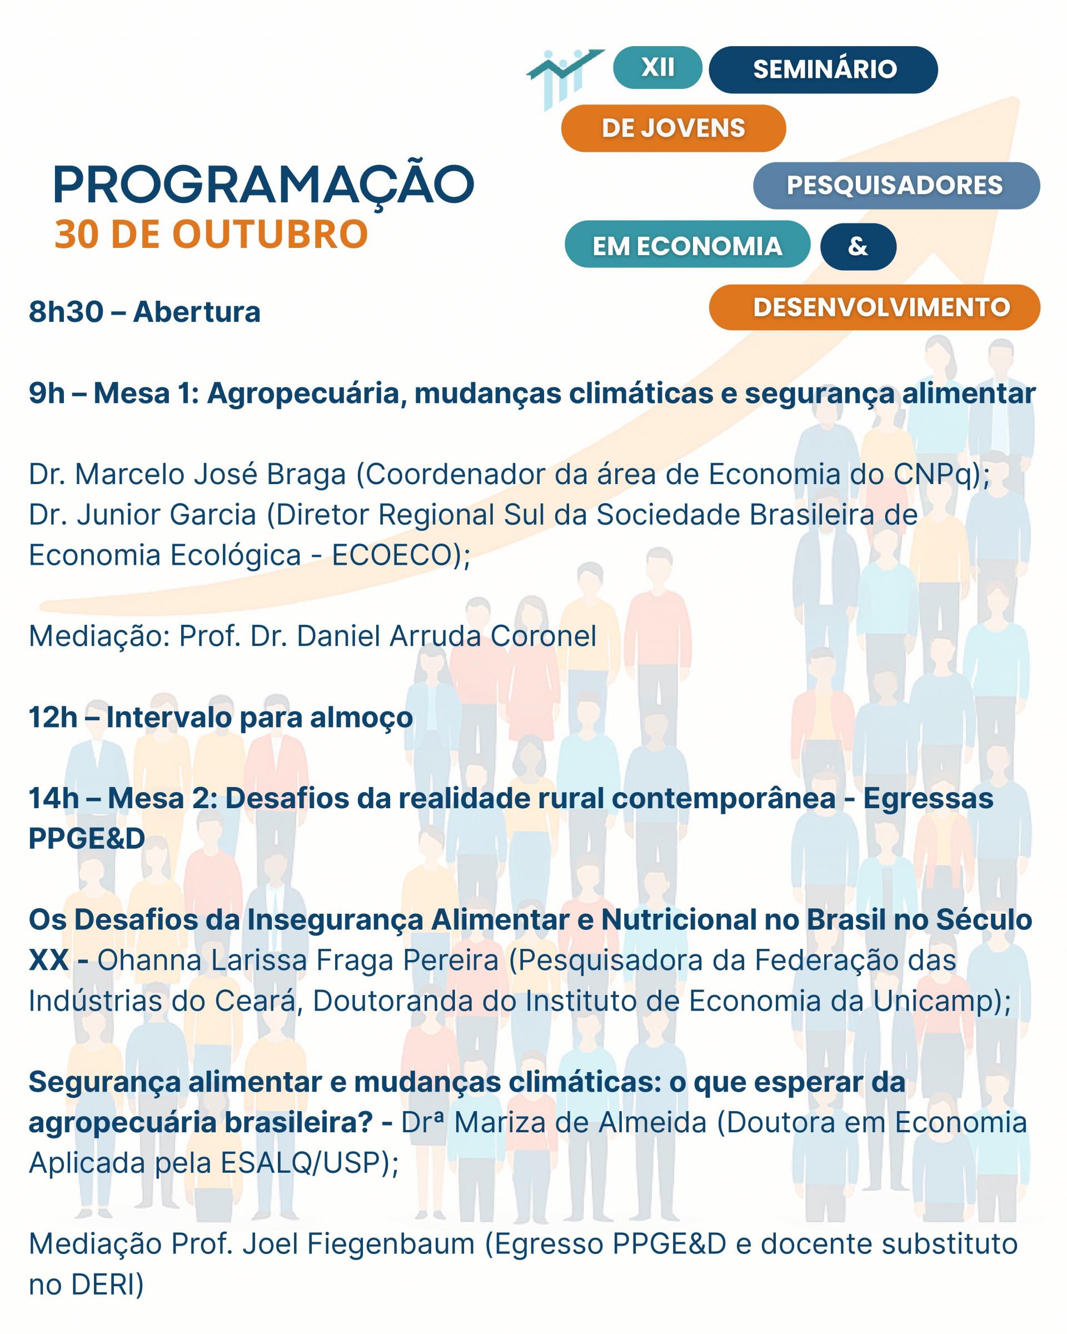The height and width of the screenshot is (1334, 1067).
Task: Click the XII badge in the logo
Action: tap(657, 67)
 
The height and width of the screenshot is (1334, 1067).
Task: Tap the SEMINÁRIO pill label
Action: tap(823, 69)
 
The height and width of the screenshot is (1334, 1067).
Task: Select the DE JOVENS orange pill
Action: tap(674, 128)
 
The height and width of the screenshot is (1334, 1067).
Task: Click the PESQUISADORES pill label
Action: tap(896, 186)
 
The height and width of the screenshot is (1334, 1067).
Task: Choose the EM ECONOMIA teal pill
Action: tap(687, 245)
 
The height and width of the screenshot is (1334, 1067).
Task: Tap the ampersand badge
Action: tap(858, 246)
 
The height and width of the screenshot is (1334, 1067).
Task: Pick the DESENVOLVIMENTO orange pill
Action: tap(875, 307)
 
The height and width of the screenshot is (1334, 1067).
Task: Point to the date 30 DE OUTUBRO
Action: tap(211, 235)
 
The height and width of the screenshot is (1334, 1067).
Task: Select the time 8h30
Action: tap(66, 312)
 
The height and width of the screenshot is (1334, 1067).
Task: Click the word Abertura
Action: tap(197, 312)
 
